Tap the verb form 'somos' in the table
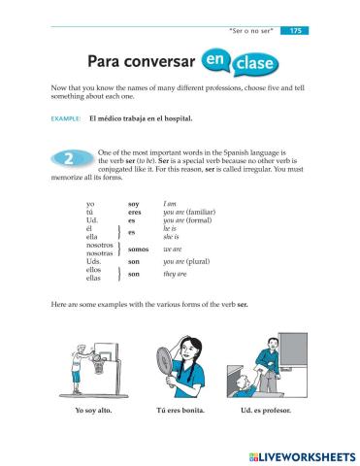137,250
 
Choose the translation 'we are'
173,250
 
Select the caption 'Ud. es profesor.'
271,410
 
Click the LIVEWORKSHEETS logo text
301,454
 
